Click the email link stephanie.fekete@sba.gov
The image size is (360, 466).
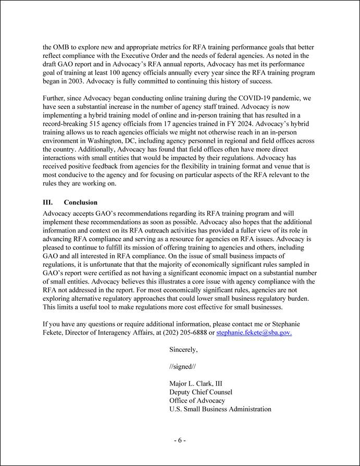pos(254,333)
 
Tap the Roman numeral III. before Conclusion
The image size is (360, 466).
pos(48,202)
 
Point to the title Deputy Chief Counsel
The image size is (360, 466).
pos(201,392)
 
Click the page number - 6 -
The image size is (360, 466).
pos(180,440)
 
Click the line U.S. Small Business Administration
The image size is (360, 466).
pos(220,409)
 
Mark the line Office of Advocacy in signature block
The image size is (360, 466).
pos(197,400)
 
